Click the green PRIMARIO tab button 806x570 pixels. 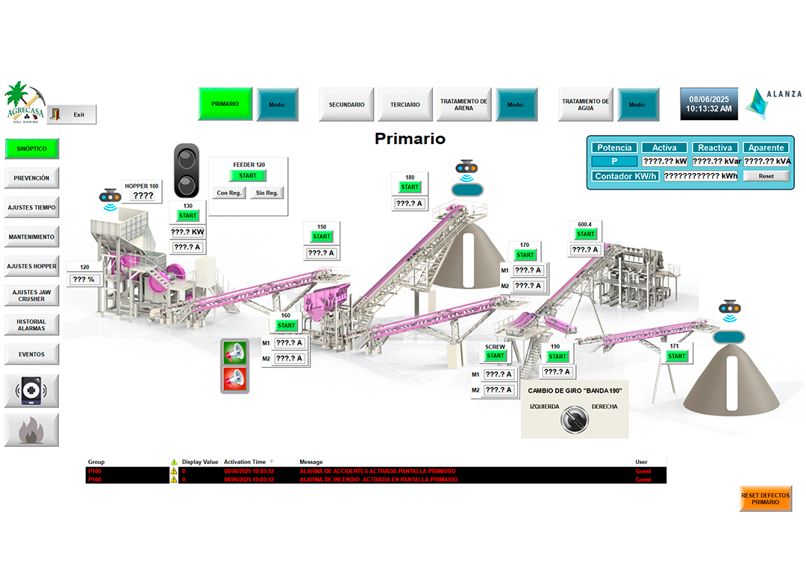[225, 104]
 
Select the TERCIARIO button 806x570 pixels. [405, 104]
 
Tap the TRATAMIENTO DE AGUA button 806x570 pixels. [586, 104]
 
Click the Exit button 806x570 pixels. [72, 115]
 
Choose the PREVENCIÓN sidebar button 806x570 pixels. [31, 178]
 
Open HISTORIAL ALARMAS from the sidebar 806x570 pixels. [31, 325]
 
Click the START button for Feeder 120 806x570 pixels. [248, 176]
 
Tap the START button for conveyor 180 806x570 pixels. [410, 187]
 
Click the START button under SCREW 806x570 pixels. [496, 356]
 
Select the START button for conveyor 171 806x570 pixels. [677, 356]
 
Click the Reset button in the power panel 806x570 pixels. [766, 176]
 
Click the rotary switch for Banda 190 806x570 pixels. [574, 419]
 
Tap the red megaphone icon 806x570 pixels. [235, 379]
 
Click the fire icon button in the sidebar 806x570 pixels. [31, 430]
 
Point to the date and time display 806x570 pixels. [710, 104]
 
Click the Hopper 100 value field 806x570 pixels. [143, 196]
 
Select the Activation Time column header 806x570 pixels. [245, 462]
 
